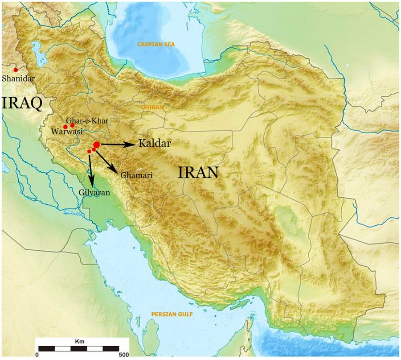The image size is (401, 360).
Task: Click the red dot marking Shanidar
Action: pos(16,70)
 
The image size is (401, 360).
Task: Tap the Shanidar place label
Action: pos(18,79)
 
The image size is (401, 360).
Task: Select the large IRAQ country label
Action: pos(22,103)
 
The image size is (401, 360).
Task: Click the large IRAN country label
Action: pos(198,172)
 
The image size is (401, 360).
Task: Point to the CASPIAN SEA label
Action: pos(156,44)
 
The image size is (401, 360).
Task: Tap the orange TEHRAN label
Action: pos(152,108)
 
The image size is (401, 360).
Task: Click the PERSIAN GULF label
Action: pos(172,314)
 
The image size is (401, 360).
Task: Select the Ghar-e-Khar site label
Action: pos(87,121)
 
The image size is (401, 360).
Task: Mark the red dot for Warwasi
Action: pos(65,127)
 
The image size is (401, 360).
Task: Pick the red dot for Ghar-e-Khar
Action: pos(73,125)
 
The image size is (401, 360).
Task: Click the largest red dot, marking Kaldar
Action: pos(97,145)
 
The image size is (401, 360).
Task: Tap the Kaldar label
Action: pos(155,144)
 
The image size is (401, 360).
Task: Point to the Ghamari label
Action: pos(136,176)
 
